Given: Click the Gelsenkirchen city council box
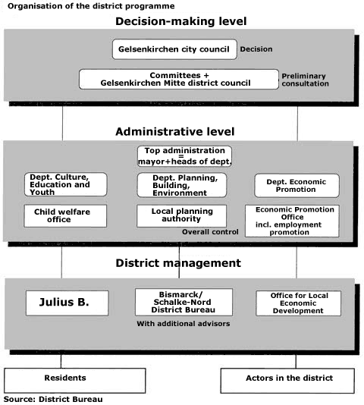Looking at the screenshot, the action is point(174,49).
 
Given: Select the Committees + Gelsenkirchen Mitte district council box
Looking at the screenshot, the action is point(179,79).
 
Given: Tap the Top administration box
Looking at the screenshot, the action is point(184,156).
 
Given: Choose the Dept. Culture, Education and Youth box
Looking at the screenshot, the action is point(66,184).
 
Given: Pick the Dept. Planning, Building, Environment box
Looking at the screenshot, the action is point(182,185).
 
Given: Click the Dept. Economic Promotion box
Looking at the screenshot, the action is point(297,186).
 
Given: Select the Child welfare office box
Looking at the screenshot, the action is point(65,215).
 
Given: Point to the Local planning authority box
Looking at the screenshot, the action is point(181,215).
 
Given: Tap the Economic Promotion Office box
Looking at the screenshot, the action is point(292,221).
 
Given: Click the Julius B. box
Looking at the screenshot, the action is point(67,303).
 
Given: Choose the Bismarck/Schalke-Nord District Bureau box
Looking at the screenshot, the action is point(184,302).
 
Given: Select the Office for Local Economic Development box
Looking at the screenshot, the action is point(298,303).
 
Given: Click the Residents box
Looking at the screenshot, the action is point(75,381).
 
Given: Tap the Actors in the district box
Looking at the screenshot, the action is point(287,381).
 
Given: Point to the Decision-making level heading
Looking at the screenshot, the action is point(180,21).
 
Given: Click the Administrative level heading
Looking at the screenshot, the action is point(175,131).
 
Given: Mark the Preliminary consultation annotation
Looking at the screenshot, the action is point(305,80).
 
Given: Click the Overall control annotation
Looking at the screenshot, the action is point(210,232).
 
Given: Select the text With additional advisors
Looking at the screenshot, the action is point(184,324).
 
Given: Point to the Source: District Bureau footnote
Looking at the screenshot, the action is point(53,400).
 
